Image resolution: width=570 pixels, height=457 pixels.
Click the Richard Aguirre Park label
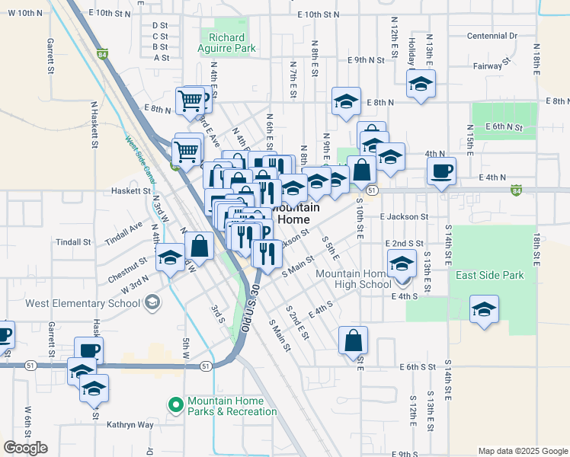pyautogui.click(x=226, y=43)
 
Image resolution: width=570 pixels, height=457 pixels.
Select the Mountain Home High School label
pyautogui.click(x=353, y=280)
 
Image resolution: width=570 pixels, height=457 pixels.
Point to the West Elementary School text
pyautogui.click(x=82, y=303)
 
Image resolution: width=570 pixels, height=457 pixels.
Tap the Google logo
pyautogui.click(x=25, y=448)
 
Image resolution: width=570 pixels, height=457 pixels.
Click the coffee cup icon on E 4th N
pyautogui.click(x=441, y=171)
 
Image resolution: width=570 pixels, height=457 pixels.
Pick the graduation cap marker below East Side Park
pyautogui.click(x=484, y=309)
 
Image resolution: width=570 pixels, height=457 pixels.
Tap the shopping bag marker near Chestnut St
pyautogui.click(x=199, y=246)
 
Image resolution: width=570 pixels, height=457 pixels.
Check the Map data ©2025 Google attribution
pyautogui.click(x=521, y=451)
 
